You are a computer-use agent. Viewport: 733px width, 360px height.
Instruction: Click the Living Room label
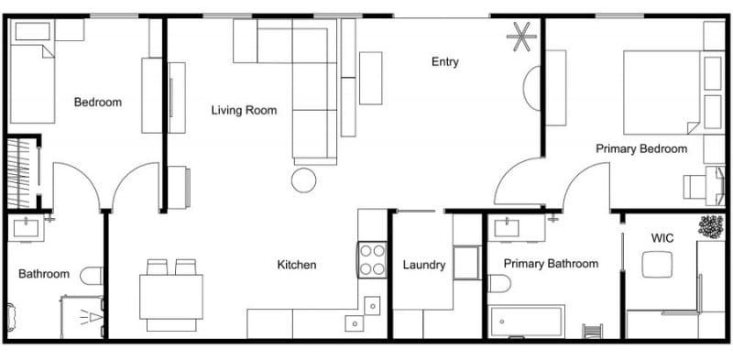coord(244,111)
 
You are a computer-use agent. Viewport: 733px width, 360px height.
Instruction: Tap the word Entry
coord(444,62)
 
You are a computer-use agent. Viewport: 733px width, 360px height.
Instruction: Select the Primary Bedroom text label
coord(640,148)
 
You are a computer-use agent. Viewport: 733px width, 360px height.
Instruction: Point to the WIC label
coord(662,238)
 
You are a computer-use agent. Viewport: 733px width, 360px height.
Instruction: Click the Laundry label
coord(424,266)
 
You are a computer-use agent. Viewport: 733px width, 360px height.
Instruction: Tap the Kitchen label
coord(296,266)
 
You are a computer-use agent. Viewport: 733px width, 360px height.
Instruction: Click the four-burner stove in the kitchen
coord(372,259)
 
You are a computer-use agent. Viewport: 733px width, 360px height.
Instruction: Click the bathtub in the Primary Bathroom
coord(526,322)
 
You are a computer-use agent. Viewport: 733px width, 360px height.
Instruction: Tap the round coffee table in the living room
coord(303,180)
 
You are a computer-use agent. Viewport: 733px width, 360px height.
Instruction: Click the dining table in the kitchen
coord(171,297)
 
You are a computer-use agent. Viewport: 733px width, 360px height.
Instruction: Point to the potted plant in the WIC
coord(710,225)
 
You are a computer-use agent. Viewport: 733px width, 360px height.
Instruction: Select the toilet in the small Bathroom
coord(92,275)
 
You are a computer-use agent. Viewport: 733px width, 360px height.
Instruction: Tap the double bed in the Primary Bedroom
coord(662,92)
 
